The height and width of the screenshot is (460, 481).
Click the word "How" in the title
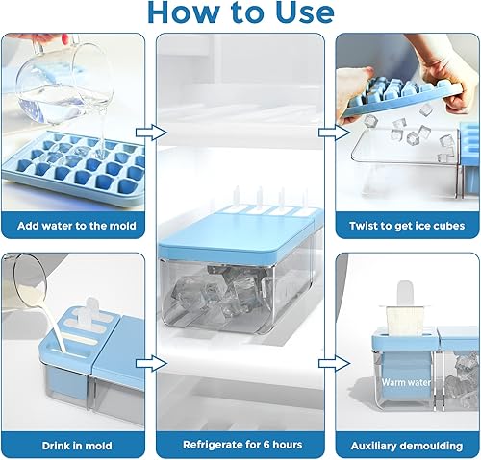[x=180, y=12]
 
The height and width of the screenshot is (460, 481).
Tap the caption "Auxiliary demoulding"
[x=408, y=445]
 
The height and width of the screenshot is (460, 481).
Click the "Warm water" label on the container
[x=403, y=381]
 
